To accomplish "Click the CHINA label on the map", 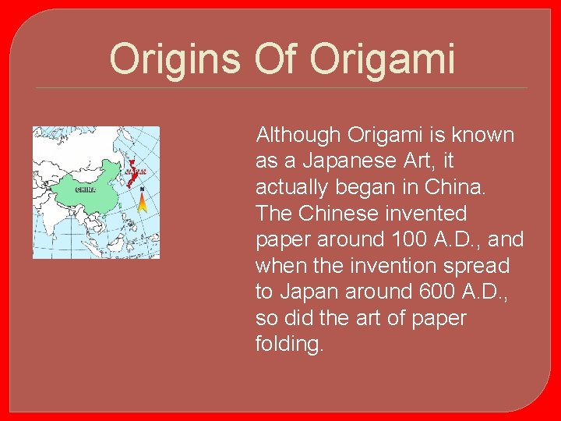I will [86, 189].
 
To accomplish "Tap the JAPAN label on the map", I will [136, 172].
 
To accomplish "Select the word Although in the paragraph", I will [298, 135].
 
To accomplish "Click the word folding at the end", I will [288, 345].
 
